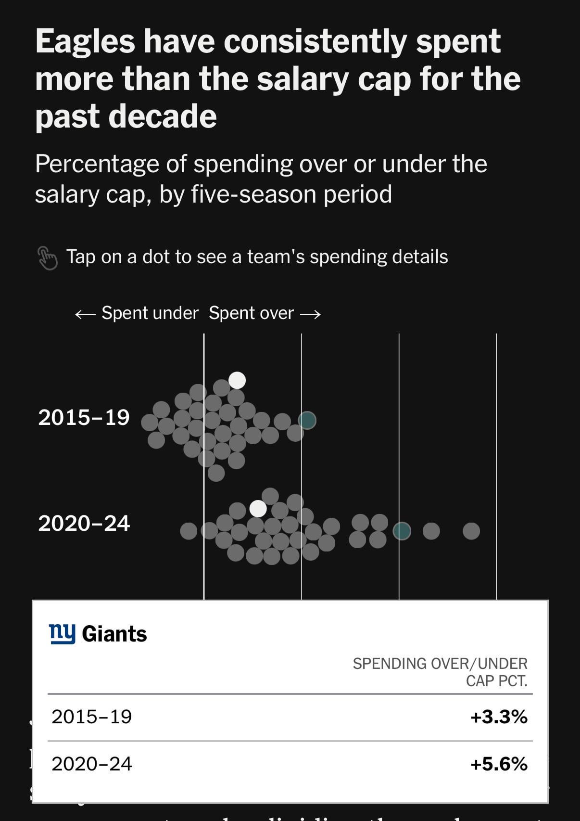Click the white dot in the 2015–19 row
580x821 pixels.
pyautogui.click(x=237, y=380)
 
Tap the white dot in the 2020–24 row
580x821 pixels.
pyautogui.click(x=258, y=508)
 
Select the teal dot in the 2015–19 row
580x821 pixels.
pyautogui.click(x=307, y=420)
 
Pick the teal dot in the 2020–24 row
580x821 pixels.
pyautogui.click(x=402, y=531)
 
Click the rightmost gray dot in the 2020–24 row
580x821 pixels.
pyautogui.click(x=471, y=531)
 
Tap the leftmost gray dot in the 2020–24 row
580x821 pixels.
pyautogui.click(x=189, y=531)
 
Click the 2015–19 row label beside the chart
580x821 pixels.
pyautogui.click(x=84, y=417)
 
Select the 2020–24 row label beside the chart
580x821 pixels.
pyautogui.click(x=84, y=524)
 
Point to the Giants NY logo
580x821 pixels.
pyautogui.click(x=63, y=633)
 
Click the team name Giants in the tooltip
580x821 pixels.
pyautogui.click(x=114, y=634)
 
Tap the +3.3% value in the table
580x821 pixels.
pyautogui.click(x=499, y=717)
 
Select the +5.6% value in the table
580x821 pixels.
pyautogui.click(x=499, y=764)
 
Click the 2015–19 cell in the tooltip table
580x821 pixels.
pyautogui.click(x=92, y=717)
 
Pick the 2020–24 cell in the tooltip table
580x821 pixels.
pyautogui.click(x=92, y=764)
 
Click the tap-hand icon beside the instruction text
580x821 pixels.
pyautogui.click(x=47, y=257)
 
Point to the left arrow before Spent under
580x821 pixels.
pyautogui.click(x=86, y=314)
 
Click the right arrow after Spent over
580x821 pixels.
pyautogui.click(x=310, y=314)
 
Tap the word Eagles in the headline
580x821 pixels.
pyautogui.click(x=85, y=41)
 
